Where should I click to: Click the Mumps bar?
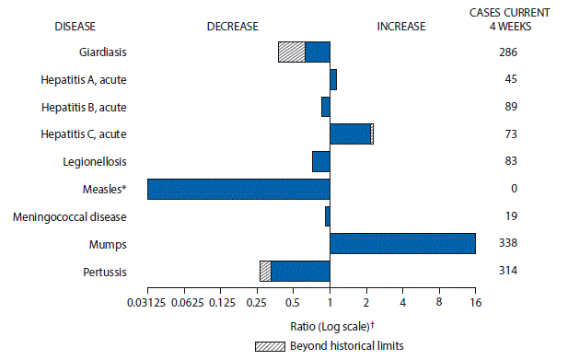tap(402, 243)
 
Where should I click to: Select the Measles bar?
tap(238, 189)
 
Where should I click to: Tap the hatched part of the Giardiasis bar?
tap(292, 52)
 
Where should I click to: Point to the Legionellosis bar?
tap(320, 161)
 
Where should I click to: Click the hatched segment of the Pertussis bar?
tap(265, 271)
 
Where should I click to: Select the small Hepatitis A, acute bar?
tap(333, 79)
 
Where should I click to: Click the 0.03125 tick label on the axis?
tap(147, 301)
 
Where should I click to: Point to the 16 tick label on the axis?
tap(475, 301)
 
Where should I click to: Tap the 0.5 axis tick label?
tap(293, 301)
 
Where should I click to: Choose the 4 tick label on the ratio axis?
tap(402, 301)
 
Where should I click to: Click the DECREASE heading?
tap(232, 26)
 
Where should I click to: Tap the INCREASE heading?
tap(401, 26)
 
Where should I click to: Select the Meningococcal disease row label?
tap(84, 216)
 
